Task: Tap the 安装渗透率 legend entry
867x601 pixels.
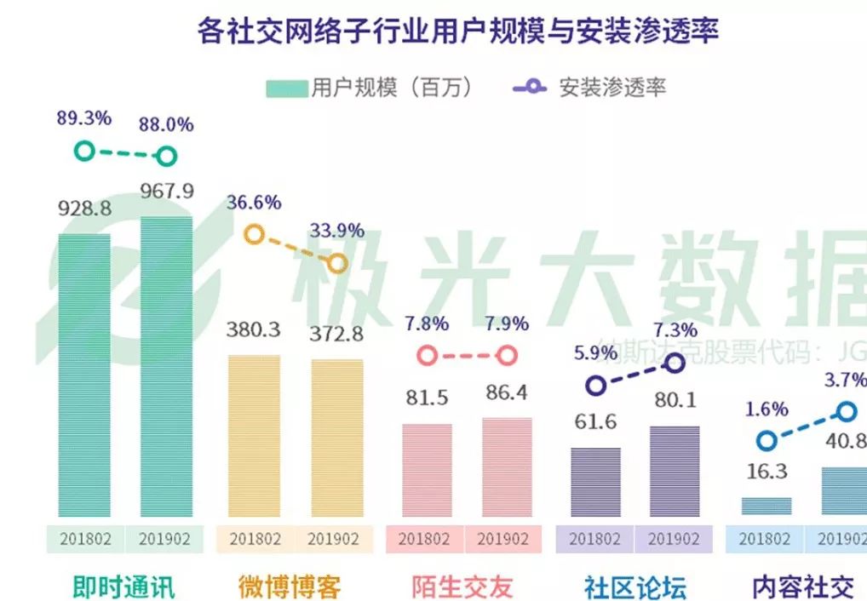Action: point(589,88)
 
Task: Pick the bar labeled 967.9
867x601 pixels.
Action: point(167,366)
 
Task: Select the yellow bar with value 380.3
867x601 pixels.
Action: point(255,435)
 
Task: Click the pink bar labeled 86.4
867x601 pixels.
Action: point(507,466)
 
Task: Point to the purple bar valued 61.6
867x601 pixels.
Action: point(595,482)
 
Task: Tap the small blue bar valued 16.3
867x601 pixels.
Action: point(767,507)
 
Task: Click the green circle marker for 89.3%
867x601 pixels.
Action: point(83,152)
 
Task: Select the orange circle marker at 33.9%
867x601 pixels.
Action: point(338,264)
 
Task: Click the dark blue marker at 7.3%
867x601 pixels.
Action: point(675,363)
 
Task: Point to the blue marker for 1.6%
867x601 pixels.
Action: point(767,440)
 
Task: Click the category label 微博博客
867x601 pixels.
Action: point(290,587)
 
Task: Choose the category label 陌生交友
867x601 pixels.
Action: point(462,587)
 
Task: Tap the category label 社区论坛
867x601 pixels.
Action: point(635,587)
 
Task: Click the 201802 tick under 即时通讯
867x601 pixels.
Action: point(84,540)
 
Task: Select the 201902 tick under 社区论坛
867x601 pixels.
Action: point(675,540)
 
